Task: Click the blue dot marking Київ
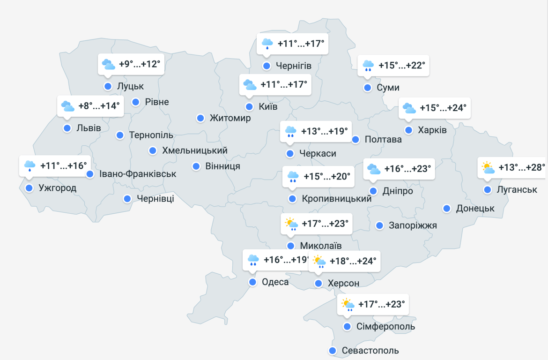249,107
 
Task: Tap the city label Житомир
230,118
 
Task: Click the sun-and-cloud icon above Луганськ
488,167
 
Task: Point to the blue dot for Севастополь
333,351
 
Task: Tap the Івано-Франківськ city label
138,174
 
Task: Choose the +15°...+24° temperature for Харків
443,108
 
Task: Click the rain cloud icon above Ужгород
30,165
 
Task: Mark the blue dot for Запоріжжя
379,225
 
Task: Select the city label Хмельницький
194,150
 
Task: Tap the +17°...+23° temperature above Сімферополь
381,304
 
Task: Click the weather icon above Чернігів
267,44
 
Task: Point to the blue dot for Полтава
355,139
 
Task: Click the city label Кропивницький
336,199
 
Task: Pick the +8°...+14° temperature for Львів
99,106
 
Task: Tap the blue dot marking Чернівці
127,199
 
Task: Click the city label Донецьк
475,208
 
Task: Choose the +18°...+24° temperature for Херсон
353,261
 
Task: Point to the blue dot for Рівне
136,102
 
